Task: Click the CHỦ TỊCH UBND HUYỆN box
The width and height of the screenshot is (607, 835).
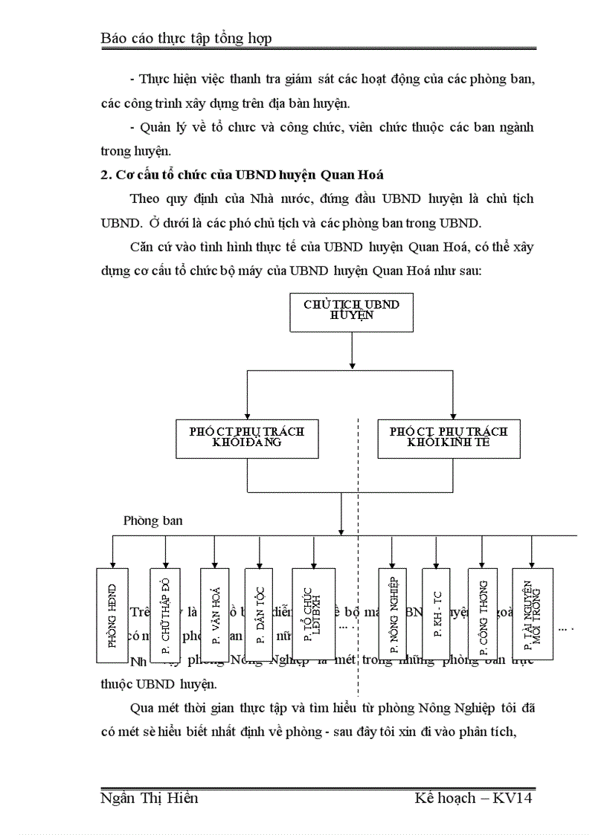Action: pyautogui.click(x=341, y=310)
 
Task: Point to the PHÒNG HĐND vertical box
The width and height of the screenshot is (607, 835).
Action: pyautogui.click(x=112, y=615)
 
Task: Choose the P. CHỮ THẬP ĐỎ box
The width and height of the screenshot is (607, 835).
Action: pyautogui.click(x=165, y=615)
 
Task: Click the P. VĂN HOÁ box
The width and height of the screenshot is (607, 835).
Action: pyautogui.click(x=215, y=615)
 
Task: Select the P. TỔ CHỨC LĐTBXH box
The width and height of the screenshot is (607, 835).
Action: pyautogui.click(x=313, y=615)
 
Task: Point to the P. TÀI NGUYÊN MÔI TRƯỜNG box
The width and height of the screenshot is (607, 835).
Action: pyautogui.click(x=532, y=615)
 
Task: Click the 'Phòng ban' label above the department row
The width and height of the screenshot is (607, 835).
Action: pyautogui.click(x=152, y=521)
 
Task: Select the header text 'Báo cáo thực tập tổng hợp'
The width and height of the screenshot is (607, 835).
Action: pyautogui.click(x=186, y=38)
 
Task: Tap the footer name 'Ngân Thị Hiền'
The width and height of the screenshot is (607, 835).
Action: pyautogui.click(x=149, y=799)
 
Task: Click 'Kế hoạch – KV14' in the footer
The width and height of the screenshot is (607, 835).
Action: pyautogui.click(x=474, y=799)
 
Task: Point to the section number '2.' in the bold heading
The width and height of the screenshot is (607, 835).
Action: pyautogui.click(x=105, y=175)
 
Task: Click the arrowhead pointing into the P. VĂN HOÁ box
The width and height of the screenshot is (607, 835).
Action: pyautogui.click(x=215, y=564)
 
